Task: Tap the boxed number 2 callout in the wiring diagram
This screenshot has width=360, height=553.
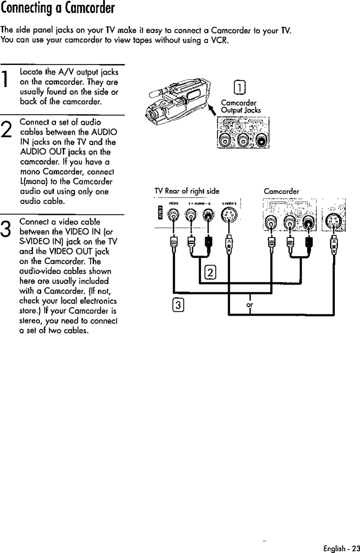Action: point(209,272)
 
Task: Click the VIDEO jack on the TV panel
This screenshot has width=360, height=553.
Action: point(174,215)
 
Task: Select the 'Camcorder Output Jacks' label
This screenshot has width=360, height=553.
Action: point(241,106)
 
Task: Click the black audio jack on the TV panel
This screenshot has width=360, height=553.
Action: point(209,215)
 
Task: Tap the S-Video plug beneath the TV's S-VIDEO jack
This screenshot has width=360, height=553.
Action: point(228,245)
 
